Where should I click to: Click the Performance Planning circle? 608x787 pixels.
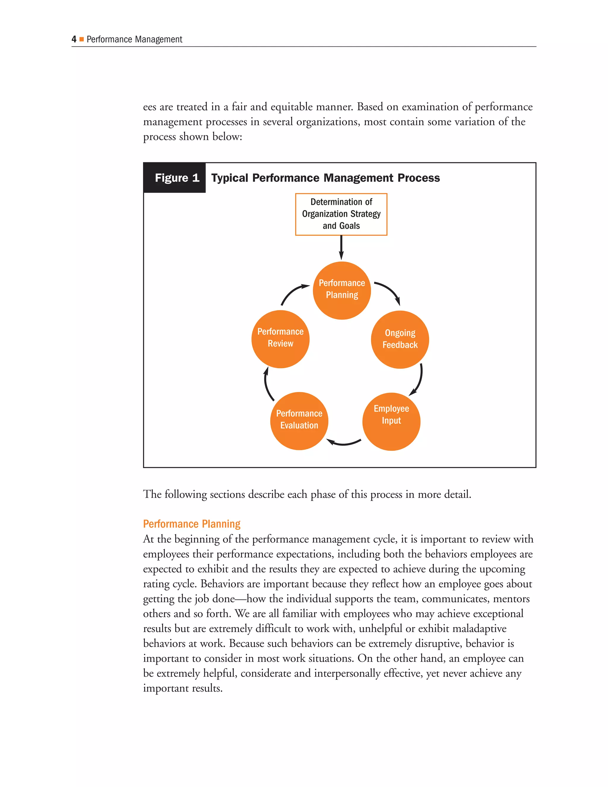(x=341, y=290)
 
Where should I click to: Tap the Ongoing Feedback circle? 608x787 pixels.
(x=400, y=339)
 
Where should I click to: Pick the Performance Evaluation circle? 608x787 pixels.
(x=299, y=421)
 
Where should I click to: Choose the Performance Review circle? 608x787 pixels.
(x=280, y=339)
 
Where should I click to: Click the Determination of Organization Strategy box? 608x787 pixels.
(x=341, y=214)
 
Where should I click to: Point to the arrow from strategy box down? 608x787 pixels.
(x=341, y=248)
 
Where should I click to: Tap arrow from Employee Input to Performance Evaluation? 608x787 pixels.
(x=344, y=443)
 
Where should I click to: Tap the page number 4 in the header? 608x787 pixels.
(x=74, y=39)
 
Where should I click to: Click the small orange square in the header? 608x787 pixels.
(x=82, y=39)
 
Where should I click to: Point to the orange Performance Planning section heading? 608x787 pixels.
(x=191, y=524)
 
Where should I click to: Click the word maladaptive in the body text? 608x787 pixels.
(x=479, y=628)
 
